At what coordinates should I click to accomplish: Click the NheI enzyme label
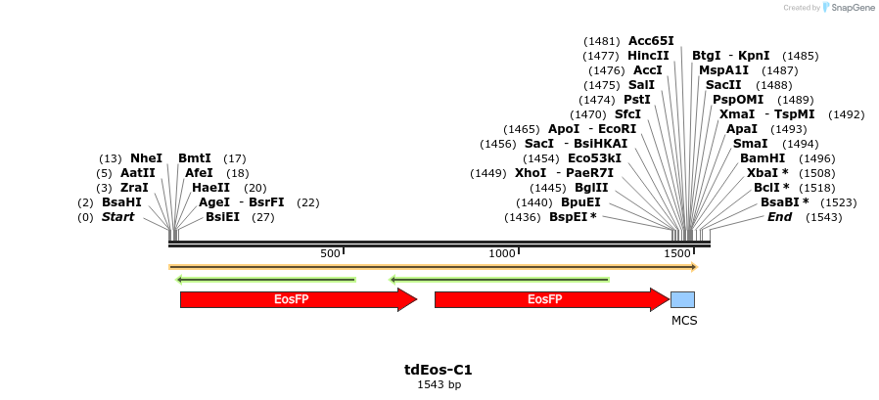(x=146, y=158)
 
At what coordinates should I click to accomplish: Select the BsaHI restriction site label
(x=121, y=202)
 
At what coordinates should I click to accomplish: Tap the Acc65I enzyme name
(x=651, y=41)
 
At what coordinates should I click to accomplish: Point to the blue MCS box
(x=682, y=299)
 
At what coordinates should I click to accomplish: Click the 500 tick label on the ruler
(x=330, y=253)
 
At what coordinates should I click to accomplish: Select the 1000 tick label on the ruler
(x=502, y=253)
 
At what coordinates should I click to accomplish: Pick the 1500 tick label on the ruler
(x=676, y=253)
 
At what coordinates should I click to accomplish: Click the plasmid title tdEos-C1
(x=439, y=370)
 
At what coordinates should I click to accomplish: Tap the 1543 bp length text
(x=439, y=384)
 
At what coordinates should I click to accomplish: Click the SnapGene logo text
(x=850, y=8)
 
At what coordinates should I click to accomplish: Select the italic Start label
(x=117, y=217)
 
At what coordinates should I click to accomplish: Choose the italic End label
(x=780, y=217)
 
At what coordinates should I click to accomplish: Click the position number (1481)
(x=601, y=41)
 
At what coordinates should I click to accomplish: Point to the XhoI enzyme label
(x=532, y=173)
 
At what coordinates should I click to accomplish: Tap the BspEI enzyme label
(x=573, y=217)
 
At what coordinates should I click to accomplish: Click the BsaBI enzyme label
(x=784, y=202)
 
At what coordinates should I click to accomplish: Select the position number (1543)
(x=823, y=217)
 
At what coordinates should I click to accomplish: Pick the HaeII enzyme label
(x=210, y=188)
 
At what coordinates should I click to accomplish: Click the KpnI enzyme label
(x=754, y=56)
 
